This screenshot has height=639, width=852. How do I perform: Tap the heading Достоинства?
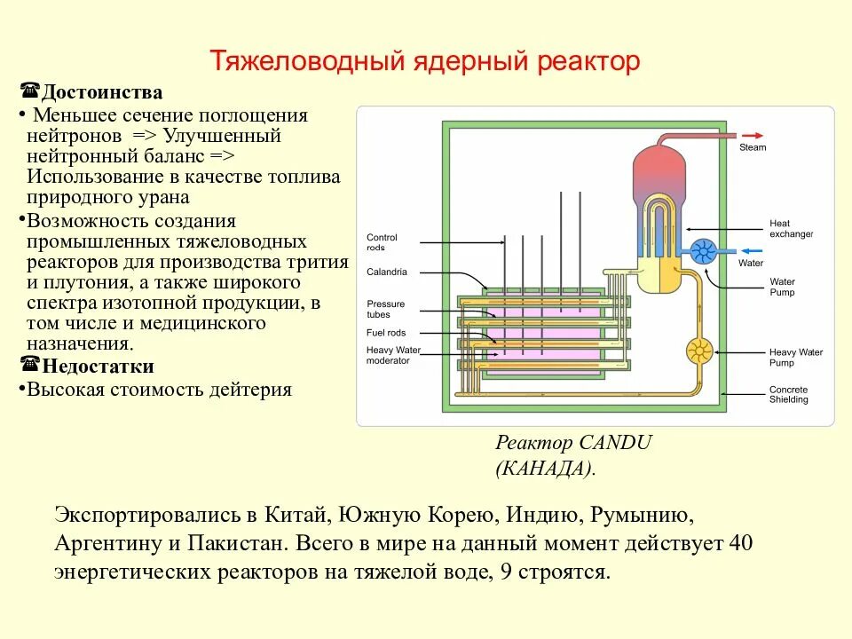click(103, 92)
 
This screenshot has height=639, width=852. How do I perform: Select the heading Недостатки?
click(99, 367)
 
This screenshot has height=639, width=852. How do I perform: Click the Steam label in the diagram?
click(753, 147)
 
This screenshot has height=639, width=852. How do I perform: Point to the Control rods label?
click(382, 242)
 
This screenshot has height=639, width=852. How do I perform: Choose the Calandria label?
click(386, 272)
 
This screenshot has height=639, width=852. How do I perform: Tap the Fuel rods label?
click(386, 333)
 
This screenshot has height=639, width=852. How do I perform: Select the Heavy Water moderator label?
click(393, 355)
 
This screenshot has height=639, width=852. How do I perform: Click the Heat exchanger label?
click(791, 229)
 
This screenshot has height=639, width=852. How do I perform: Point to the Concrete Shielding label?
click(788, 395)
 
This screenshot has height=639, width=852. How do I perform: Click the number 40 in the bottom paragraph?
click(740, 542)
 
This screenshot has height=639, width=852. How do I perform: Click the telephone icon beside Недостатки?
click(29, 366)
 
